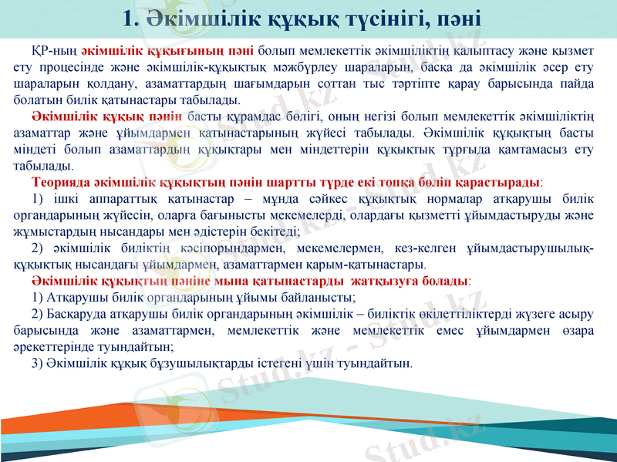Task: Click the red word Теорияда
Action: point(62,183)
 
